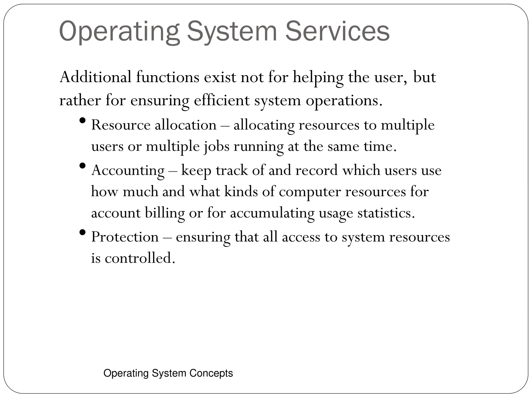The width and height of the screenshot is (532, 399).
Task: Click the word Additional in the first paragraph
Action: point(95,77)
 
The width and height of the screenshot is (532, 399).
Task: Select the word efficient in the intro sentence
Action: point(222,101)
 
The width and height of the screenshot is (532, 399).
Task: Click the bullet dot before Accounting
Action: point(83,165)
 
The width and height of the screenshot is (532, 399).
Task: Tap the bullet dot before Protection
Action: point(83,232)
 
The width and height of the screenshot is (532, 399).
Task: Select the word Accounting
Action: point(128,171)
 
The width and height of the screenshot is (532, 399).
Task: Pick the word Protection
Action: point(125,237)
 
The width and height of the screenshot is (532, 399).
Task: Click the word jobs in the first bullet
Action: point(217,147)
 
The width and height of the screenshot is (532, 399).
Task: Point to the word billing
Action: point(165,213)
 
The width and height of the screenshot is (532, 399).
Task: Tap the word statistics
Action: point(386,213)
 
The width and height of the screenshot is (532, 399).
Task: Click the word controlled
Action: point(140,258)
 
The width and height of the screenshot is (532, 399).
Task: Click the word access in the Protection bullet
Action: point(301,237)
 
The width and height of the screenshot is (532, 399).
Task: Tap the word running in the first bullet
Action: point(258,147)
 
